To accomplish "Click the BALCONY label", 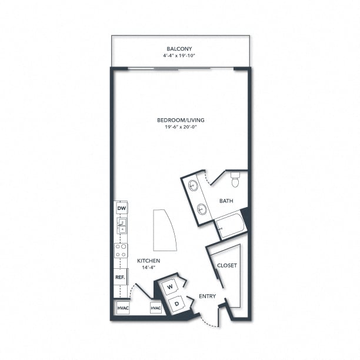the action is click(x=179, y=49).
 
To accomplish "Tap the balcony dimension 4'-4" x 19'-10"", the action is click(x=179, y=55).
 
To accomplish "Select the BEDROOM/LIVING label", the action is click(x=181, y=120).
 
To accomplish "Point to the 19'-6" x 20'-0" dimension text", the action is click(x=181, y=127).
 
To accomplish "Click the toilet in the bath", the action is click(x=235, y=179).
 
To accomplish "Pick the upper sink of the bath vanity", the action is click(x=193, y=185).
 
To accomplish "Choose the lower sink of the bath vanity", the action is click(x=202, y=209).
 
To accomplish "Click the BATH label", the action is click(x=226, y=201).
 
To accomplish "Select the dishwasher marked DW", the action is click(x=122, y=208).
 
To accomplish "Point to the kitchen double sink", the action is click(x=122, y=225).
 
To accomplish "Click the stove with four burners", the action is click(x=121, y=251).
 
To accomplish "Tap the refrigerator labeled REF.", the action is click(x=121, y=277).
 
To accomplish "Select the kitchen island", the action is click(x=164, y=230).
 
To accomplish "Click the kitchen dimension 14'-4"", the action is click(x=149, y=267).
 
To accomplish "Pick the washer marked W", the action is click(x=170, y=286).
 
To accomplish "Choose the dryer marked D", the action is click(x=177, y=304).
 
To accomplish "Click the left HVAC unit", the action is click(x=123, y=308).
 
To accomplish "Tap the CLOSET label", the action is click(x=227, y=265).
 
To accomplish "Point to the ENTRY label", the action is click(x=207, y=296).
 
